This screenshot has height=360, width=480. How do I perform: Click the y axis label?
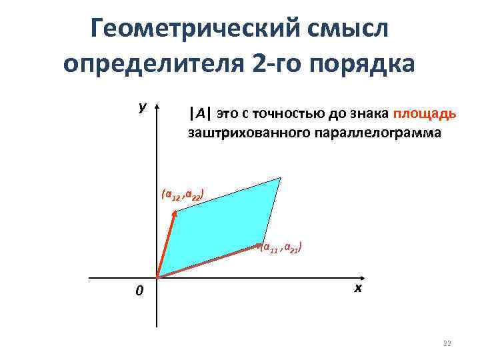(x=143, y=107)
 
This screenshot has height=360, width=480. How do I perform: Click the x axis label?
(x=358, y=288)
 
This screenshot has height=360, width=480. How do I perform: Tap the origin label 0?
(x=139, y=291)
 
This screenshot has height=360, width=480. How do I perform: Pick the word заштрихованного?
(x=246, y=133)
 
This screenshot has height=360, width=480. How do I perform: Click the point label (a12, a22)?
(x=182, y=195)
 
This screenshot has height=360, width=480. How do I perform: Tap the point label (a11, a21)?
(x=282, y=248)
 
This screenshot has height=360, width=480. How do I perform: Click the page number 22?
(x=447, y=343)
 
